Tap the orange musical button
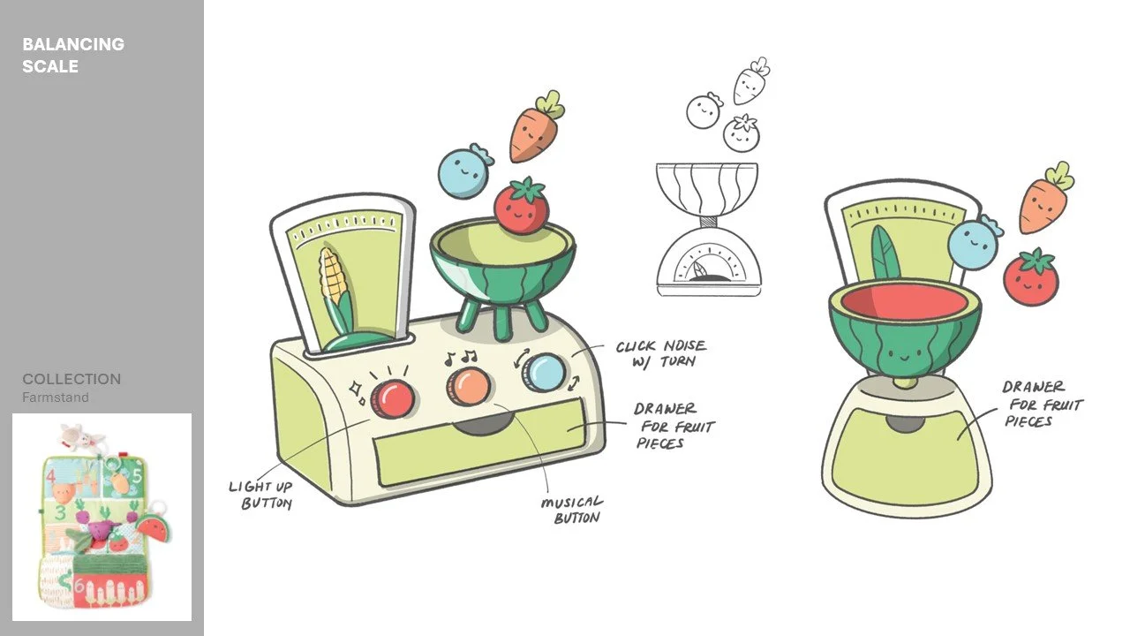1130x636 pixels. tap(468, 386)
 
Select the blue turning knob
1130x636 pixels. tap(543, 372)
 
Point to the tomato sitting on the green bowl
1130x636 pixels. tap(521, 205)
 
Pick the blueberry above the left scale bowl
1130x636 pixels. tap(464, 170)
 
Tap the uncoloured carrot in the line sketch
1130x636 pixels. tap(750, 81)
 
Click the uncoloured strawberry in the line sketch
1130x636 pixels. tap(741, 132)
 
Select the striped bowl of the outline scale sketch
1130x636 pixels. tap(707, 189)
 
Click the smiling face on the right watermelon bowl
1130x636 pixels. tap(905, 355)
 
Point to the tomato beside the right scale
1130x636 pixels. tap(1030, 276)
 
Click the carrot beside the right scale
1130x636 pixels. tap(1045, 198)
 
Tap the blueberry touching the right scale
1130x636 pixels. tap(974, 243)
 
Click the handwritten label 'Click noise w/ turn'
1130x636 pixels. tap(661, 354)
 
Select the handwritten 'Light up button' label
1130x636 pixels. tap(260, 496)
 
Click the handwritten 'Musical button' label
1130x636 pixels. tap(572, 510)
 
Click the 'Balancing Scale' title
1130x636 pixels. tap(73, 55)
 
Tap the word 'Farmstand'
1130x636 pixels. tap(56, 397)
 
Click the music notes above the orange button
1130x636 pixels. tap(461, 358)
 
